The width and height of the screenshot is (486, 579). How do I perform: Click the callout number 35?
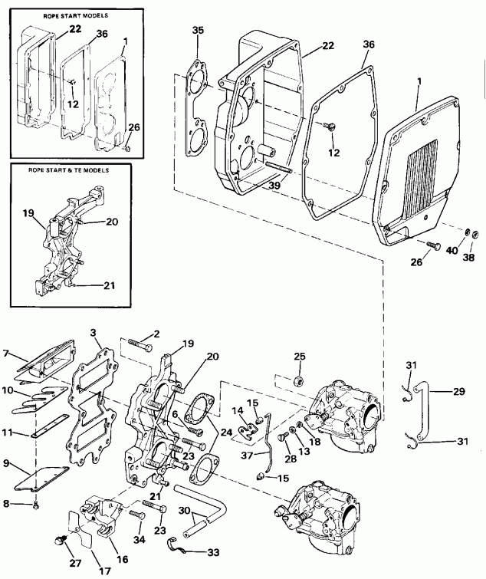198,30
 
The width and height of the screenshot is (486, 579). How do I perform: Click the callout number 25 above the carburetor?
300,356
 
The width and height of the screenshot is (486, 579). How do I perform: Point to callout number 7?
8,354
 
